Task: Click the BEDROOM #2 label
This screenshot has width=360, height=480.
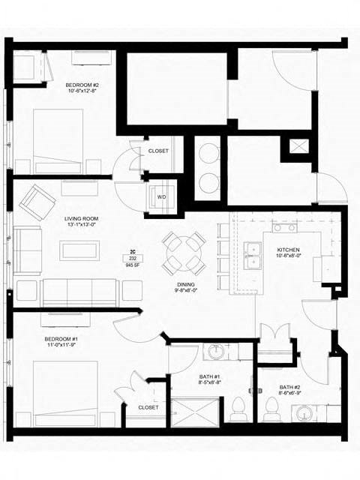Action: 82,86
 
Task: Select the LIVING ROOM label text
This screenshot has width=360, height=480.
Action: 80,220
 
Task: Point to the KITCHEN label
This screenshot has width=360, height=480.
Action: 289,250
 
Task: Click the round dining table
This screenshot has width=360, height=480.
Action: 184,252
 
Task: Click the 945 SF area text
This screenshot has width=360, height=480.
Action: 132,264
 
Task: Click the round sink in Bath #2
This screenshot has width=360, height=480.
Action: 304,415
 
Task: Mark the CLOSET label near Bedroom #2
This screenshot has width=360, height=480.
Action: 158,151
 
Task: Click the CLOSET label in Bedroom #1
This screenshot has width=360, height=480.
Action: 148,407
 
